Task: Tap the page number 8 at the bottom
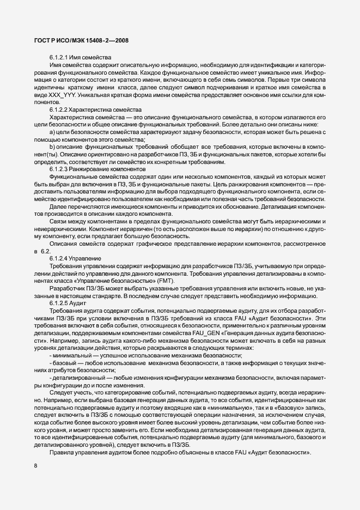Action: [x=35, y=465]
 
